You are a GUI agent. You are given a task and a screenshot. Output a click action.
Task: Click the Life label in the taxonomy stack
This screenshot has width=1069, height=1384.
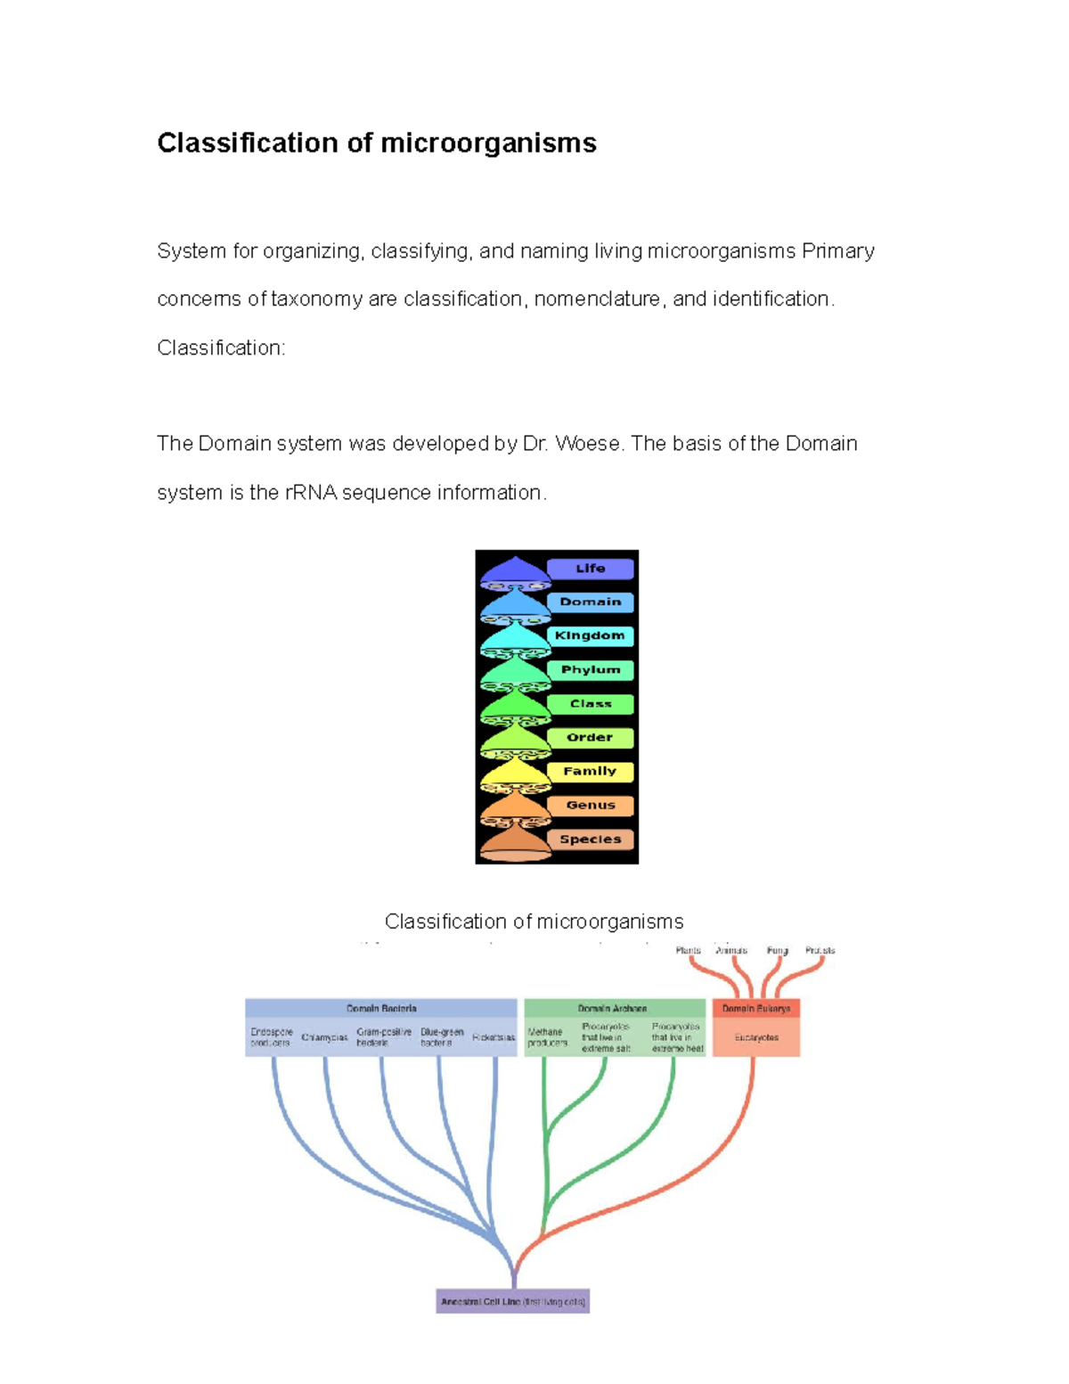[590, 569]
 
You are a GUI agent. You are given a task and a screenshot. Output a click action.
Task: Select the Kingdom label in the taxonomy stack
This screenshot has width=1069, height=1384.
[590, 636]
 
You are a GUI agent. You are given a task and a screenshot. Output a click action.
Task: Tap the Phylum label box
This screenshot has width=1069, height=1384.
[590, 670]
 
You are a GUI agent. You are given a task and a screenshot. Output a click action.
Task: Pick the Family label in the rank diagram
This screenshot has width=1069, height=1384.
[590, 772]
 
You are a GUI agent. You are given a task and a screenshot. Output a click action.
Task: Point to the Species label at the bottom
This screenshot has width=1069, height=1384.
[590, 839]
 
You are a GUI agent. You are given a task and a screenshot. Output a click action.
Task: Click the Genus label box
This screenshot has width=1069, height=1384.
[590, 806]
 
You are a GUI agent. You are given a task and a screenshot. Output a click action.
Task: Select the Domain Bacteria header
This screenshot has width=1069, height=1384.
[381, 1009]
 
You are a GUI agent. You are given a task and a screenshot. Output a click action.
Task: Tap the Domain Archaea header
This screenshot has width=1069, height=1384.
[612, 1009]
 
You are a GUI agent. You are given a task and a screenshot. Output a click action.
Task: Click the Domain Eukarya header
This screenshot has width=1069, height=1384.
[756, 1009]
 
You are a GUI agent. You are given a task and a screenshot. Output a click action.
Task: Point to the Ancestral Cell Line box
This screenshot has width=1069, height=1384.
[513, 1302]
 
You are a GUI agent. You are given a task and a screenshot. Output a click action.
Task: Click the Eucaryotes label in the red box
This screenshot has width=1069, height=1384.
[756, 1038]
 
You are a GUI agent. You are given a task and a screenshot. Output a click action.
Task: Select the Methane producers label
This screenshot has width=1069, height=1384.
[546, 1037]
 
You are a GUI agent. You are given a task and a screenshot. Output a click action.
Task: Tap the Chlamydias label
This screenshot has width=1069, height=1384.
[324, 1038]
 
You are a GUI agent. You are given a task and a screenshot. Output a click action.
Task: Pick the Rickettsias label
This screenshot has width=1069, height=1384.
[494, 1038]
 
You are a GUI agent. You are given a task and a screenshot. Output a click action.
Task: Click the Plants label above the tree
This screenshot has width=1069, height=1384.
[688, 951]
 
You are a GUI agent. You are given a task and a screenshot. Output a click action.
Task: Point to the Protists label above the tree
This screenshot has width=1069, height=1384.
[820, 951]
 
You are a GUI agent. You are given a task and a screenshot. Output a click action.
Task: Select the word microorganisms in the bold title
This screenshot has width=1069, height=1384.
[488, 143]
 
